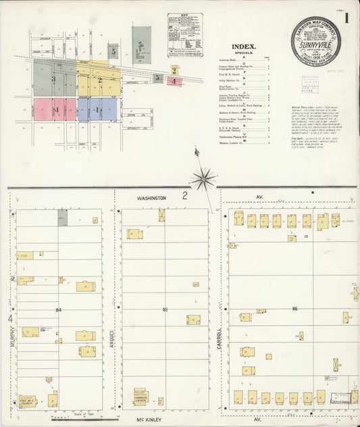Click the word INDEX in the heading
pyautogui.click(x=243, y=47)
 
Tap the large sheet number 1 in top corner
pyautogui.click(x=346, y=18)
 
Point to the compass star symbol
pyautogui.click(x=202, y=179)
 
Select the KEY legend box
pyautogui.click(x=184, y=44)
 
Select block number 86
pyautogui.click(x=294, y=309)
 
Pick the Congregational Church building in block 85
pyautogui.click(x=141, y=395)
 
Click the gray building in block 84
pyautogui.click(x=62, y=217)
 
